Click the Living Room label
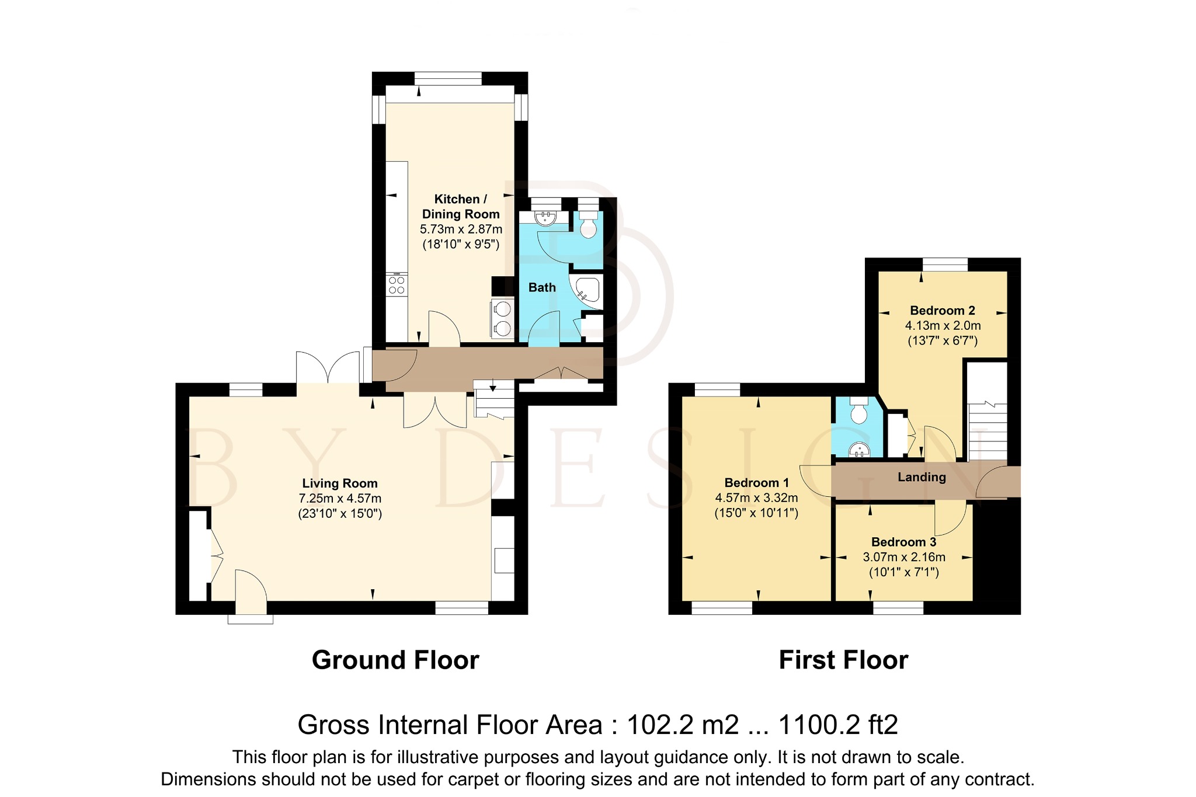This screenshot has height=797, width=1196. (340, 483)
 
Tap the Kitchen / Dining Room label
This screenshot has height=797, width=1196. (461, 207)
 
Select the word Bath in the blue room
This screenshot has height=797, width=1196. (542, 287)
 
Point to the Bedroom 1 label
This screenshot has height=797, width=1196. (756, 483)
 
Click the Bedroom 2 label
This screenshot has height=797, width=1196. (943, 311)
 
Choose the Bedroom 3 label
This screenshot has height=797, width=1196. (904, 542)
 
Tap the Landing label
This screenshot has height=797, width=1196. (922, 477)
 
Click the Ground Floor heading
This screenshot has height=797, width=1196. (395, 660)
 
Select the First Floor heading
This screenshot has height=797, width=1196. (843, 660)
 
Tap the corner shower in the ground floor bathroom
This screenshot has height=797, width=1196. (586, 293)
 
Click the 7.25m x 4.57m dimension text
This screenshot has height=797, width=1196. (340, 499)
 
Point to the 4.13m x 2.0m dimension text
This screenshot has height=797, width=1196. (943, 326)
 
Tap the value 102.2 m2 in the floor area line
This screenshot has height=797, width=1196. (683, 725)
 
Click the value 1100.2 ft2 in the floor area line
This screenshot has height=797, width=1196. (839, 725)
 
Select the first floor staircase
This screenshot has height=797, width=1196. (988, 432)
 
